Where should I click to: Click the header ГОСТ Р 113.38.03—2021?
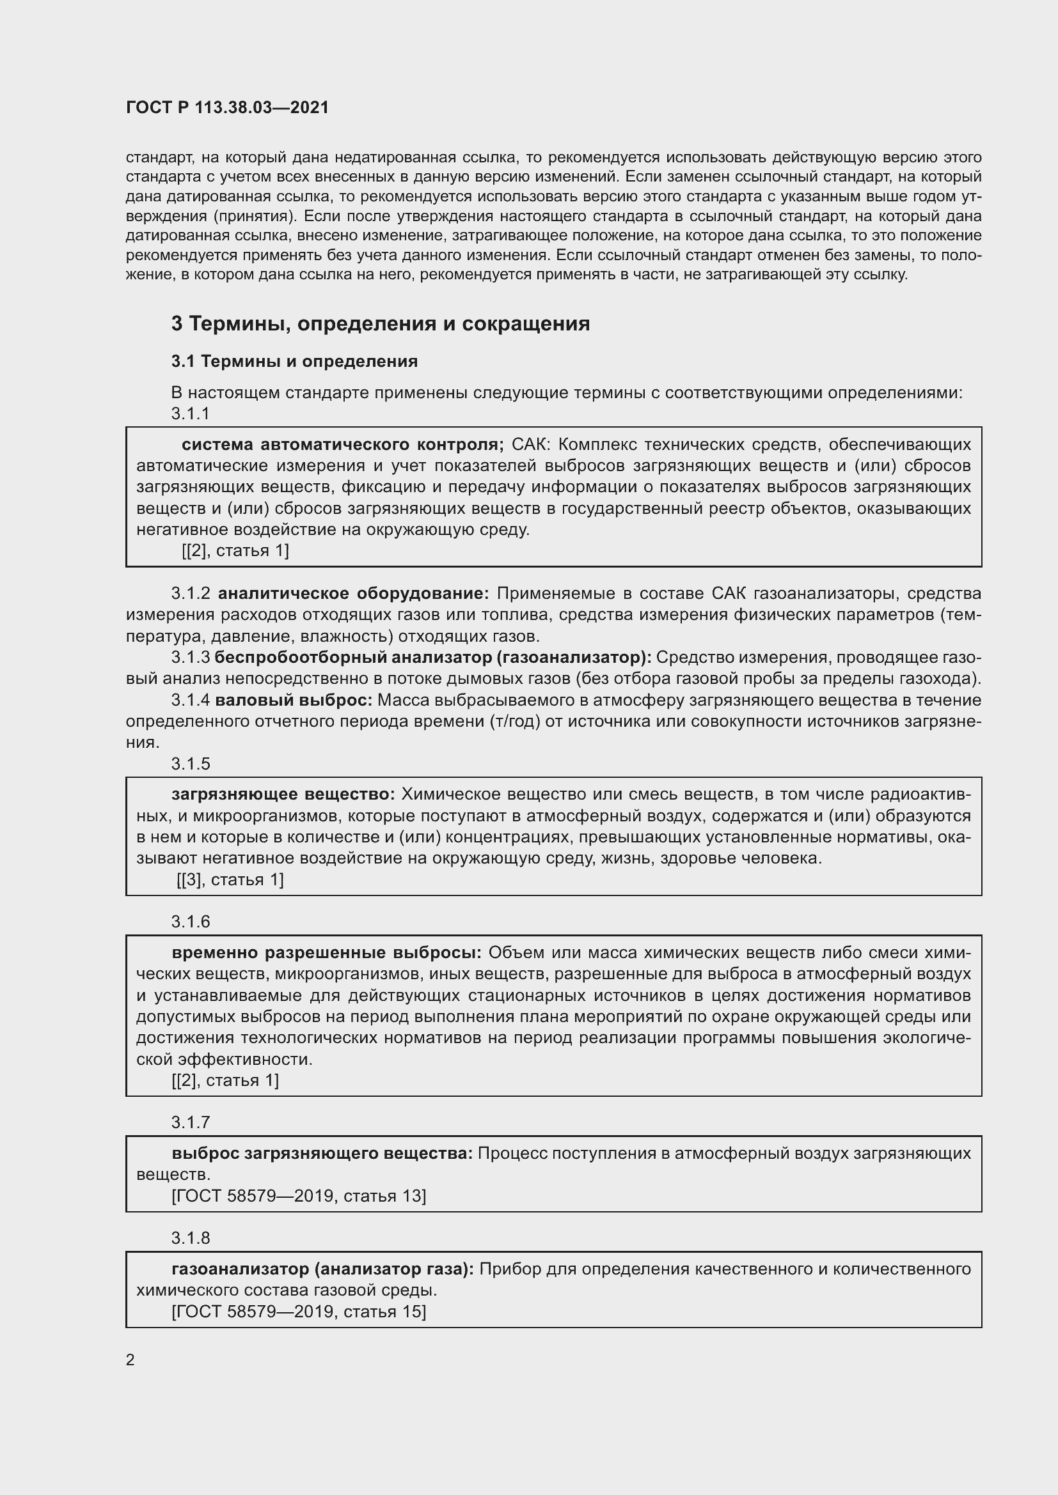click(227, 108)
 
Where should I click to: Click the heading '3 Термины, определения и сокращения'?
click(381, 323)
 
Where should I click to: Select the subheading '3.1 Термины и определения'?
click(294, 361)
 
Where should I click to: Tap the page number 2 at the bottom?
click(130, 1359)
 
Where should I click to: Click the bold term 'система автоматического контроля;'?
click(343, 445)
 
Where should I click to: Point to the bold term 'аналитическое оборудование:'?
click(353, 593)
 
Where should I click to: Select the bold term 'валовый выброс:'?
click(294, 700)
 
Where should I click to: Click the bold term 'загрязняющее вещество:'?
click(283, 794)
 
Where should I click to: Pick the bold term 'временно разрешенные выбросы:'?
click(326, 952)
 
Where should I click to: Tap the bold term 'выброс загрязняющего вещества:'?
click(322, 1153)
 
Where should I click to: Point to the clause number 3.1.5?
click(191, 764)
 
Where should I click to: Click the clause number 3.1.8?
click(191, 1238)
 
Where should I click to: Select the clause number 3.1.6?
click(191, 922)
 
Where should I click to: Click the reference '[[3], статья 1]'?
click(230, 879)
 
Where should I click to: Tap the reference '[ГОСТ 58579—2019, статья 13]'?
click(299, 1195)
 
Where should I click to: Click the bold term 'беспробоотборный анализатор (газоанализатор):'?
click(432, 658)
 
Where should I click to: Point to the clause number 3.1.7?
click(191, 1122)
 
